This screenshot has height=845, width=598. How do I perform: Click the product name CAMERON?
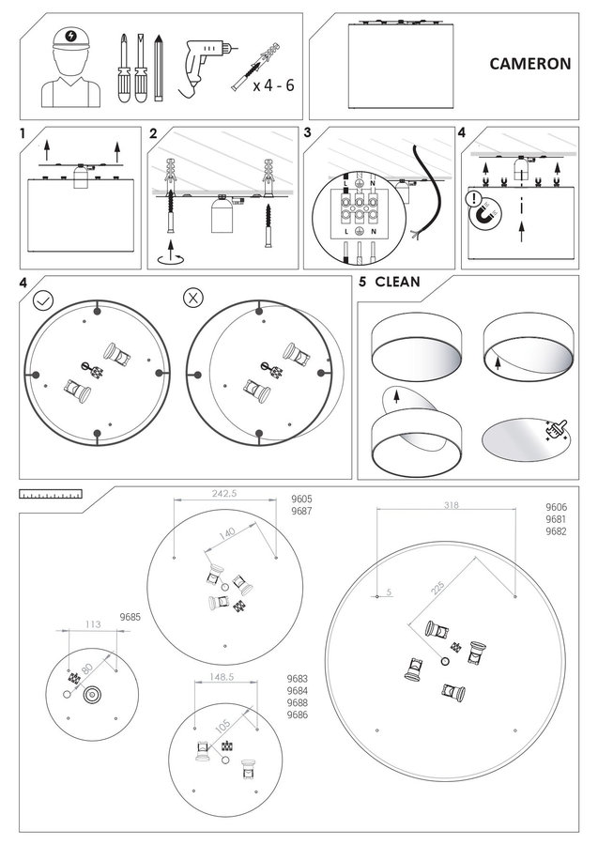(x=530, y=65)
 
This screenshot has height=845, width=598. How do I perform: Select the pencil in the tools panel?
(x=160, y=68)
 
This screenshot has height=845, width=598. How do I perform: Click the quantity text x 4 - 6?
(x=272, y=85)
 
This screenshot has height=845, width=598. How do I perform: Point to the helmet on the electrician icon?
(x=69, y=38)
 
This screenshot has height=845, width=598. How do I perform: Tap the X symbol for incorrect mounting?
(x=192, y=299)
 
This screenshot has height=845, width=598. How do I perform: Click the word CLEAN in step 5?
(x=397, y=282)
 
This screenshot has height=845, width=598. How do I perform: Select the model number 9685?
(x=130, y=617)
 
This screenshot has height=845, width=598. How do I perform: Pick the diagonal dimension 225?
(x=437, y=588)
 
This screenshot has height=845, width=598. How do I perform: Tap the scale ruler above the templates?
(x=50, y=493)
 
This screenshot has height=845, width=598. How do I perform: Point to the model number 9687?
(x=302, y=512)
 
